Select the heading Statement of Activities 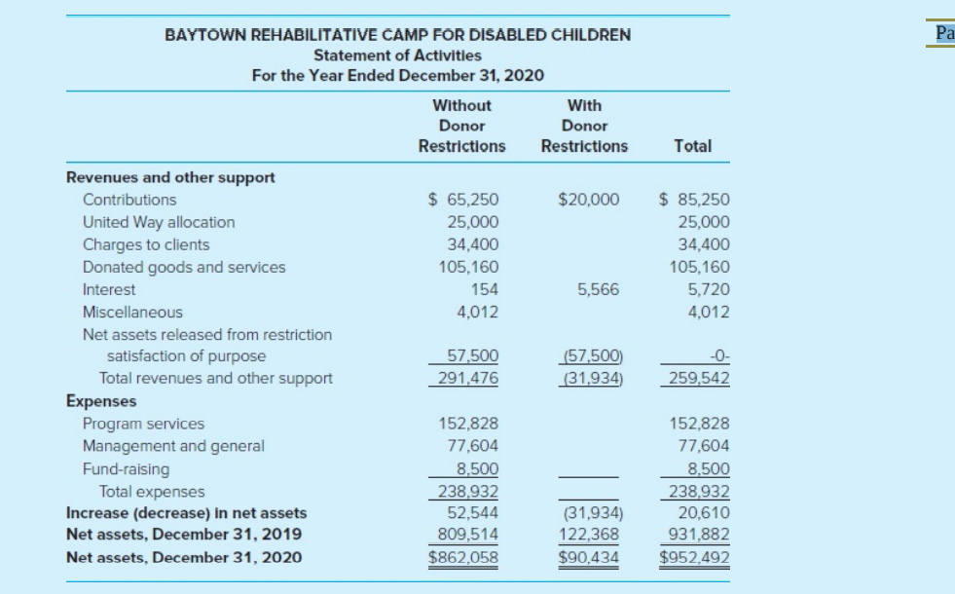397,56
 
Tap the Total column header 692,146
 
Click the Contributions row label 129,200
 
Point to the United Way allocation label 159,222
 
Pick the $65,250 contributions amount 462,200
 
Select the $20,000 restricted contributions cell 588,200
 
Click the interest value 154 484,289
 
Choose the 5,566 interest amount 598,289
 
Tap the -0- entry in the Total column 719,355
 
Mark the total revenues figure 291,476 467,379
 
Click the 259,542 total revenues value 699,379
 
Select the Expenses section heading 101,401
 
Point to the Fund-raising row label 127,469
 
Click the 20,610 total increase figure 704,513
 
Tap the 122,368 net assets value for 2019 589,535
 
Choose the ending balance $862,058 462,557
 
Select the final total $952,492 694,557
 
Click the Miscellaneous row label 132,312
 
